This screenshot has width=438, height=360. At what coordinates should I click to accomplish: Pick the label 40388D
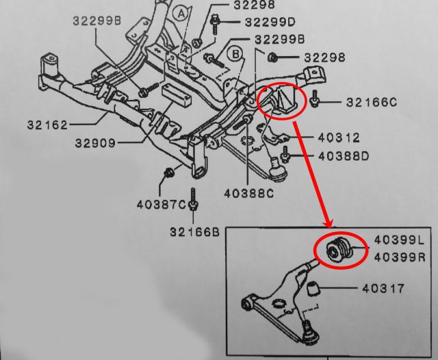tap(342, 157)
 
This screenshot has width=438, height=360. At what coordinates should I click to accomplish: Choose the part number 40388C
tap(248, 194)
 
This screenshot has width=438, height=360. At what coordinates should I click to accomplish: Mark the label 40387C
tap(160, 204)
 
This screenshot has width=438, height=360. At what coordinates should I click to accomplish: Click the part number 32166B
tap(194, 232)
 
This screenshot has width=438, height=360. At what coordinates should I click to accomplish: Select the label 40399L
tap(398, 240)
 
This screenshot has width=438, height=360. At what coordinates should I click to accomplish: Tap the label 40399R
tap(398, 257)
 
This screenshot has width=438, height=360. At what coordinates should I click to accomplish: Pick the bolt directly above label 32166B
tap(194, 198)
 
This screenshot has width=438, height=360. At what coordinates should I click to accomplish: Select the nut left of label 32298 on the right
tap(272, 56)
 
